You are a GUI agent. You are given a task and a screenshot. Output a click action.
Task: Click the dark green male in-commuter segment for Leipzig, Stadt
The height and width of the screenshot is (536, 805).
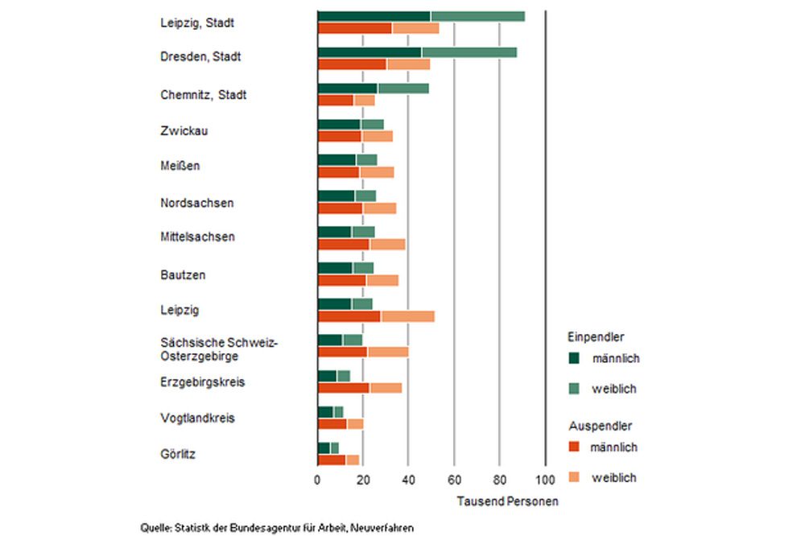click(374, 17)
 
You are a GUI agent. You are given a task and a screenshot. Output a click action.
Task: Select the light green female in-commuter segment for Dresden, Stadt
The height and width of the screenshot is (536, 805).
click(469, 52)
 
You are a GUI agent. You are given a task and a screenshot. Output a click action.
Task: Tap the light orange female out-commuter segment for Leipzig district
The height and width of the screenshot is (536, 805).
click(407, 315)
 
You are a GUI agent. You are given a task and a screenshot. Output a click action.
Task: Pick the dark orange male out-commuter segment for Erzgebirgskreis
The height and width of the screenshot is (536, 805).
click(344, 388)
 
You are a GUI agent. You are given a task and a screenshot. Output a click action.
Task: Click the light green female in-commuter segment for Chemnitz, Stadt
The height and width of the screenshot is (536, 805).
click(402, 89)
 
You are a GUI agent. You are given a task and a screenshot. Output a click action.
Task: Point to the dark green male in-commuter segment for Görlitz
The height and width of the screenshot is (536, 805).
click(324, 447)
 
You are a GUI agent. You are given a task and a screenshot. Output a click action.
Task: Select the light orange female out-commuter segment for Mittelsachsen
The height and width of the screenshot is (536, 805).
click(387, 244)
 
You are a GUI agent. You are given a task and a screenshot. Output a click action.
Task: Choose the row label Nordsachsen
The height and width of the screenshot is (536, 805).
click(196, 203)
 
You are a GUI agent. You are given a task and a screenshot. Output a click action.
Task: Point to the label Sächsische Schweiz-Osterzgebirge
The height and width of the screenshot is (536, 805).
click(218, 349)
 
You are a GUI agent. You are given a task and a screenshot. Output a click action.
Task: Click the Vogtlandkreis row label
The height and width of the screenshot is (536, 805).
click(196, 418)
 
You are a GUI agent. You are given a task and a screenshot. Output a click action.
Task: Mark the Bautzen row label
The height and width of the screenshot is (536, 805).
click(183, 274)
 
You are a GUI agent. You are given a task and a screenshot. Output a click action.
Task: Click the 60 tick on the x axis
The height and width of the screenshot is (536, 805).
click(454, 481)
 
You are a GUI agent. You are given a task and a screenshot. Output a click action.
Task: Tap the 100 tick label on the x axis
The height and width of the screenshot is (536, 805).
click(545, 481)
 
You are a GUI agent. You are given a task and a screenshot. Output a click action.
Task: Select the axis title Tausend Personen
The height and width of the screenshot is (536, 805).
click(507, 501)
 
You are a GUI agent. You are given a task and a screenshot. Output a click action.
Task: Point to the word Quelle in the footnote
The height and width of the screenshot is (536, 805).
click(155, 528)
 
